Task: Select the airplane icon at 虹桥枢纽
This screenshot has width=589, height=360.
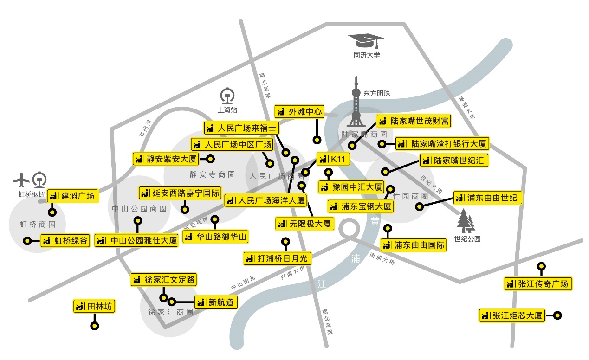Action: (x=21, y=179)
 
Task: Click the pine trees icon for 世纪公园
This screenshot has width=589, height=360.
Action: (x=466, y=221)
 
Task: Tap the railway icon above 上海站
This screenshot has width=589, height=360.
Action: (x=227, y=96)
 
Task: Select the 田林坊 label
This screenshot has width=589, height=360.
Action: (x=94, y=306)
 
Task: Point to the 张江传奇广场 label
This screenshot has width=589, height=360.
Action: (x=537, y=283)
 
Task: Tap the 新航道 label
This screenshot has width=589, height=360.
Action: (x=216, y=302)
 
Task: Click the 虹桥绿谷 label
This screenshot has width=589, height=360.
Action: (x=65, y=241)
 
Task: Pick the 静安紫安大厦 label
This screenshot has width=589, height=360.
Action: (x=166, y=159)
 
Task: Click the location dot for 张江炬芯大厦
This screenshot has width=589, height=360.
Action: (x=558, y=315)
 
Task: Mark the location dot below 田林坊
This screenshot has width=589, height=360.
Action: (x=95, y=326)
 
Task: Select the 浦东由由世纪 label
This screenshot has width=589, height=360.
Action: (x=487, y=198)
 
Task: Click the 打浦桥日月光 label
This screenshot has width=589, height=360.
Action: (x=278, y=258)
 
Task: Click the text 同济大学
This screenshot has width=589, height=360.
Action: (x=367, y=55)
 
